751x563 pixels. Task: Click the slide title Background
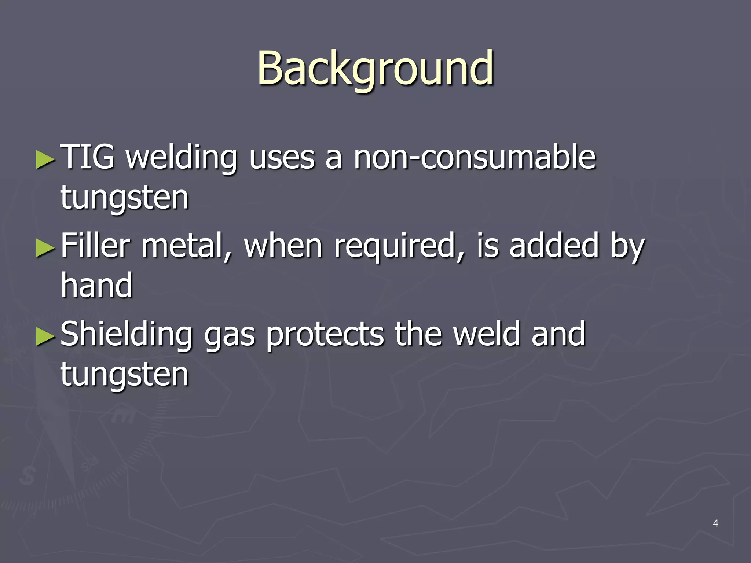[375, 69]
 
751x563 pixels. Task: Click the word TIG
[88, 157]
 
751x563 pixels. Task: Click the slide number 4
[715, 523]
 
